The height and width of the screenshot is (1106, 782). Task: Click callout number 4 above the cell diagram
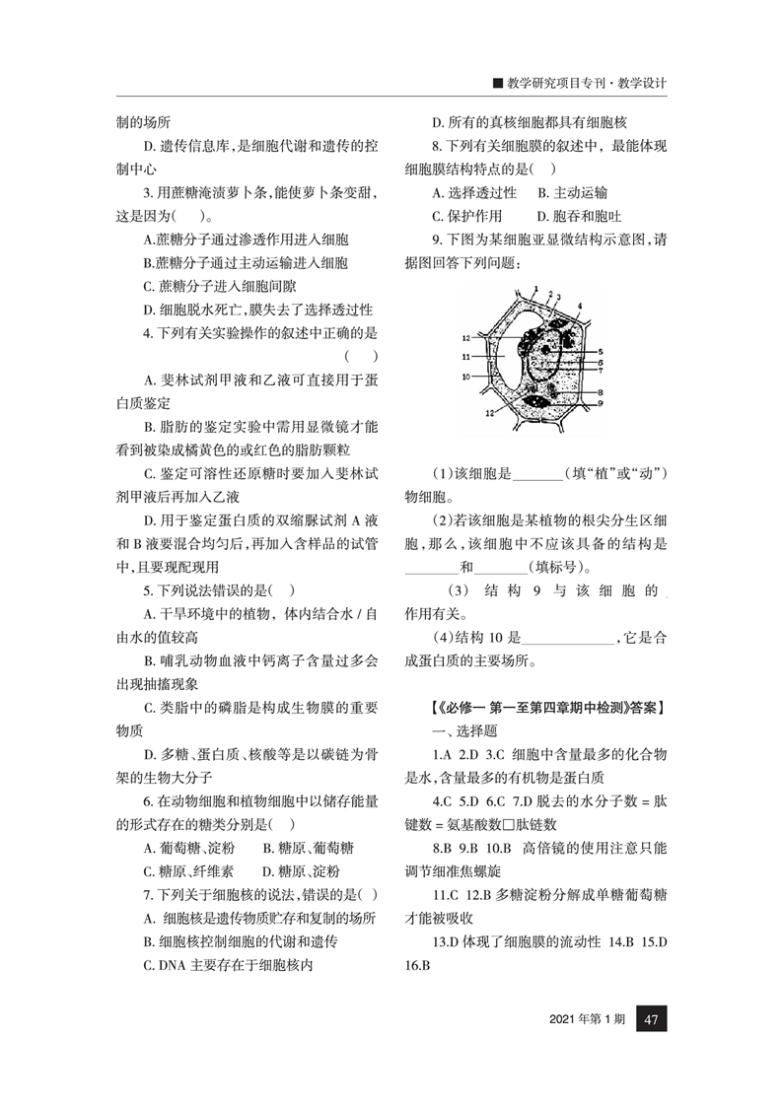579,307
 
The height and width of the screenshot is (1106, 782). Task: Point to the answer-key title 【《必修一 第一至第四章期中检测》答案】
547,707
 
